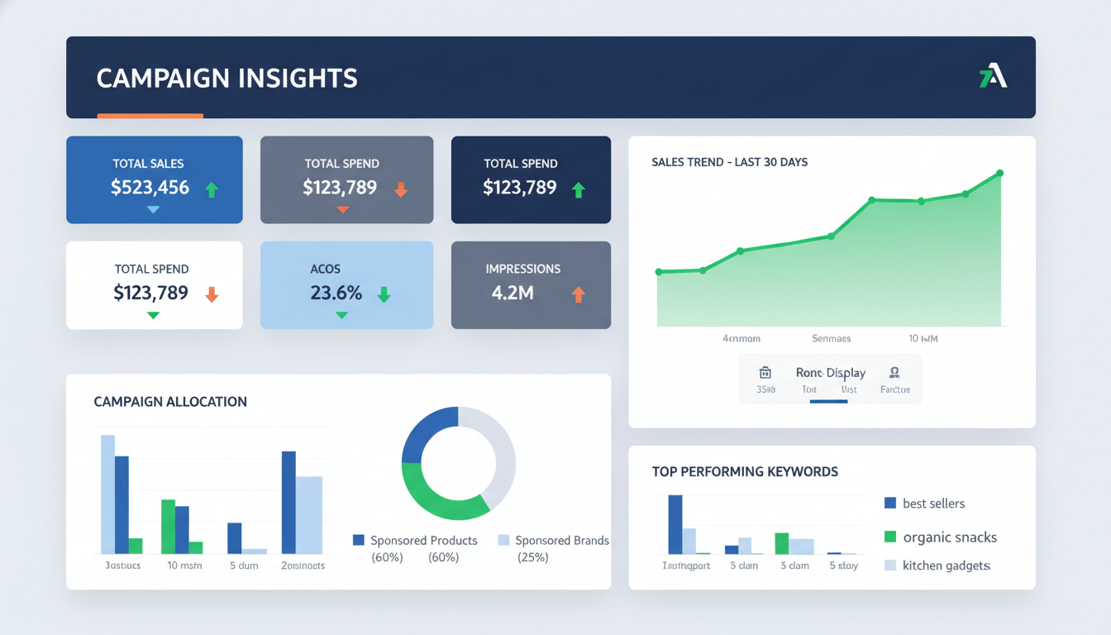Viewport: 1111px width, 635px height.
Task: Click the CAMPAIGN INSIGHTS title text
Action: (x=226, y=79)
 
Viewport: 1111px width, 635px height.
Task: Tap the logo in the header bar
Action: (x=993, y=78)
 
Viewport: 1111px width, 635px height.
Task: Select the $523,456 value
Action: (x=150, y=188)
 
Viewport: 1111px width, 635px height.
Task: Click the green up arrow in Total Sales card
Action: (x=212, y=189)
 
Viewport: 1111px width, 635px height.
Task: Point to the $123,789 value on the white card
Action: (x=150, y=292)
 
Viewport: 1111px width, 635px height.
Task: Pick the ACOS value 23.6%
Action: (x=336, y=293)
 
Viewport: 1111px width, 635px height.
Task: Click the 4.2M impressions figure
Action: (x=512, y=293)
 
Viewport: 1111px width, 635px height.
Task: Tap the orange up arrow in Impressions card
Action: (x=578, y=294)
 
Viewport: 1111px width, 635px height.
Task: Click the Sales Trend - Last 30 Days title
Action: (x=729, y=162)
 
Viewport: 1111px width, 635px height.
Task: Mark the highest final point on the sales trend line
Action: (x=999, y=174)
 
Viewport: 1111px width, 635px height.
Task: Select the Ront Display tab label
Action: (x=830, y=373)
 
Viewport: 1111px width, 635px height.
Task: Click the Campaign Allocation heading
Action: (x=170, y=402)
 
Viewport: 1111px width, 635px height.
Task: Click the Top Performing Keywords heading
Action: (x=745, y=472)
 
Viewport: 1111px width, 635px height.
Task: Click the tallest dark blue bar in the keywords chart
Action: (x=675, y=524)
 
